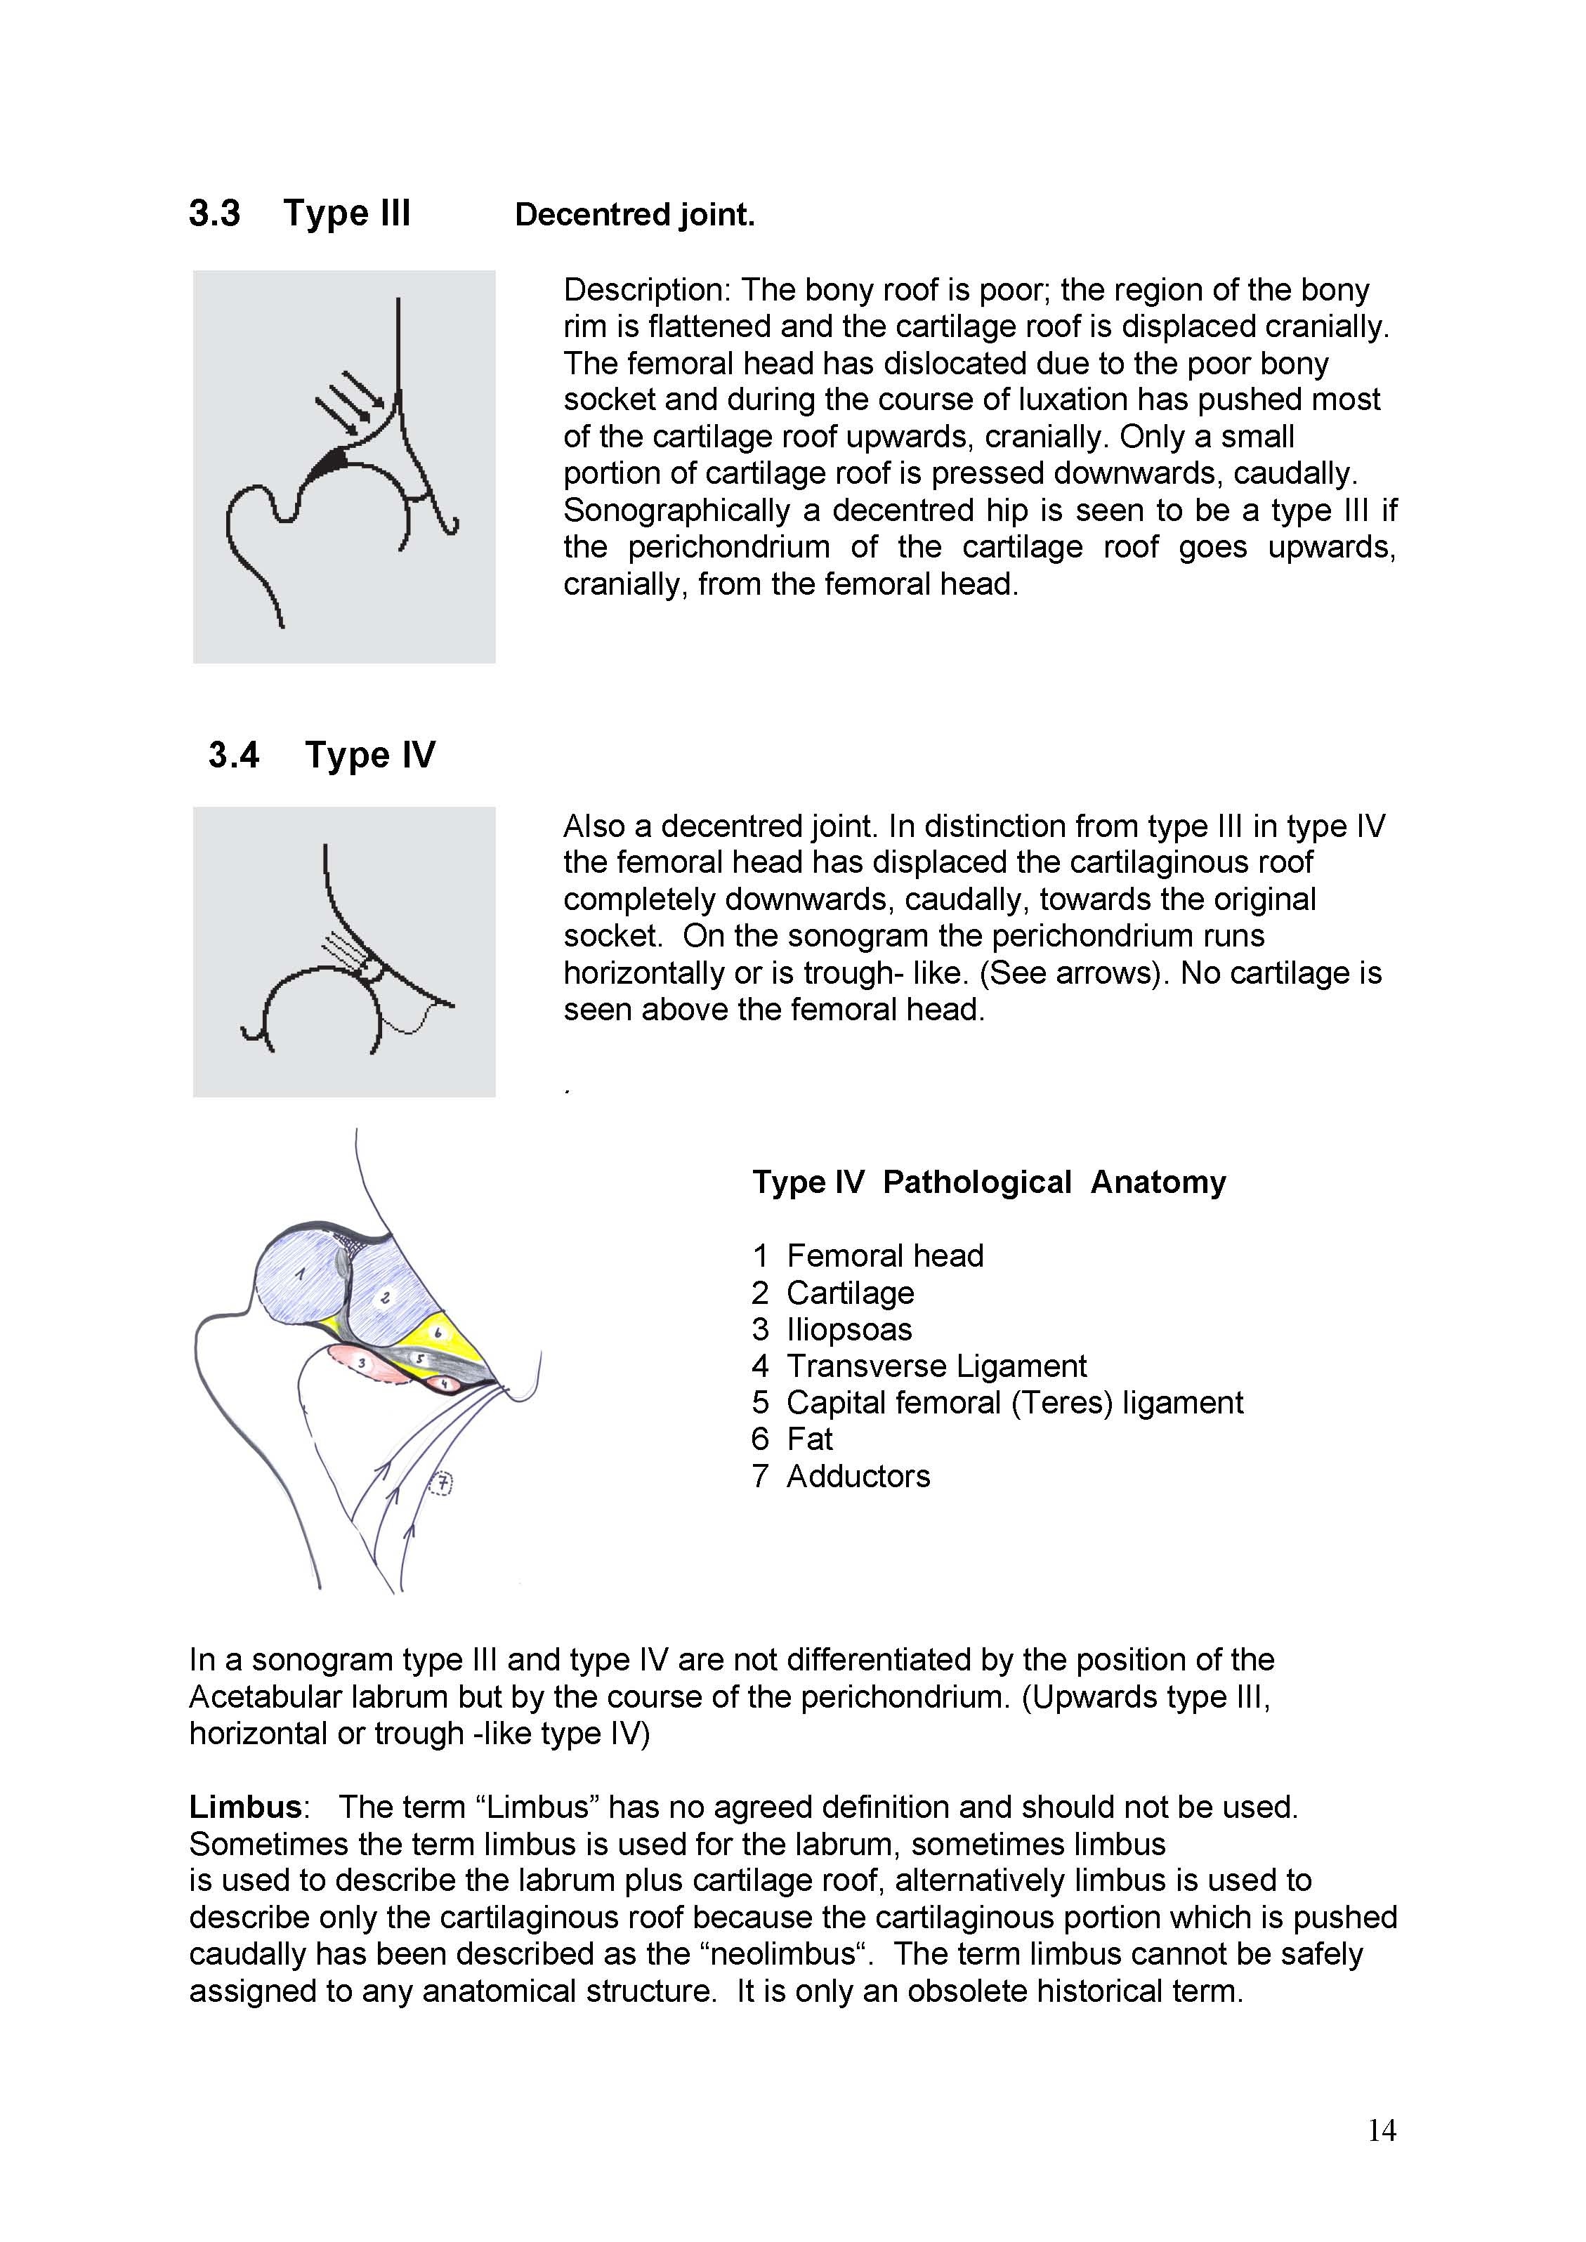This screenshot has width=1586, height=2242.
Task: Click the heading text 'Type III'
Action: click(x=347, y=213)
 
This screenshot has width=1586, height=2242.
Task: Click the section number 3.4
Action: click(x=233, y=755)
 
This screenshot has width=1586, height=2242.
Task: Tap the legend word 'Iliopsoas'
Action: click(x=848, y=1329)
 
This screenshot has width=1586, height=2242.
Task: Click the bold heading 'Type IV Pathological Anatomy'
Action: click(x=988, y=1182)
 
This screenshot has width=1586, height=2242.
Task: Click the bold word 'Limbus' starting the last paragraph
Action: click(x=245, y=1807)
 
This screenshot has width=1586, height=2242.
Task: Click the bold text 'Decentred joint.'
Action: click(x=635, y=215)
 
